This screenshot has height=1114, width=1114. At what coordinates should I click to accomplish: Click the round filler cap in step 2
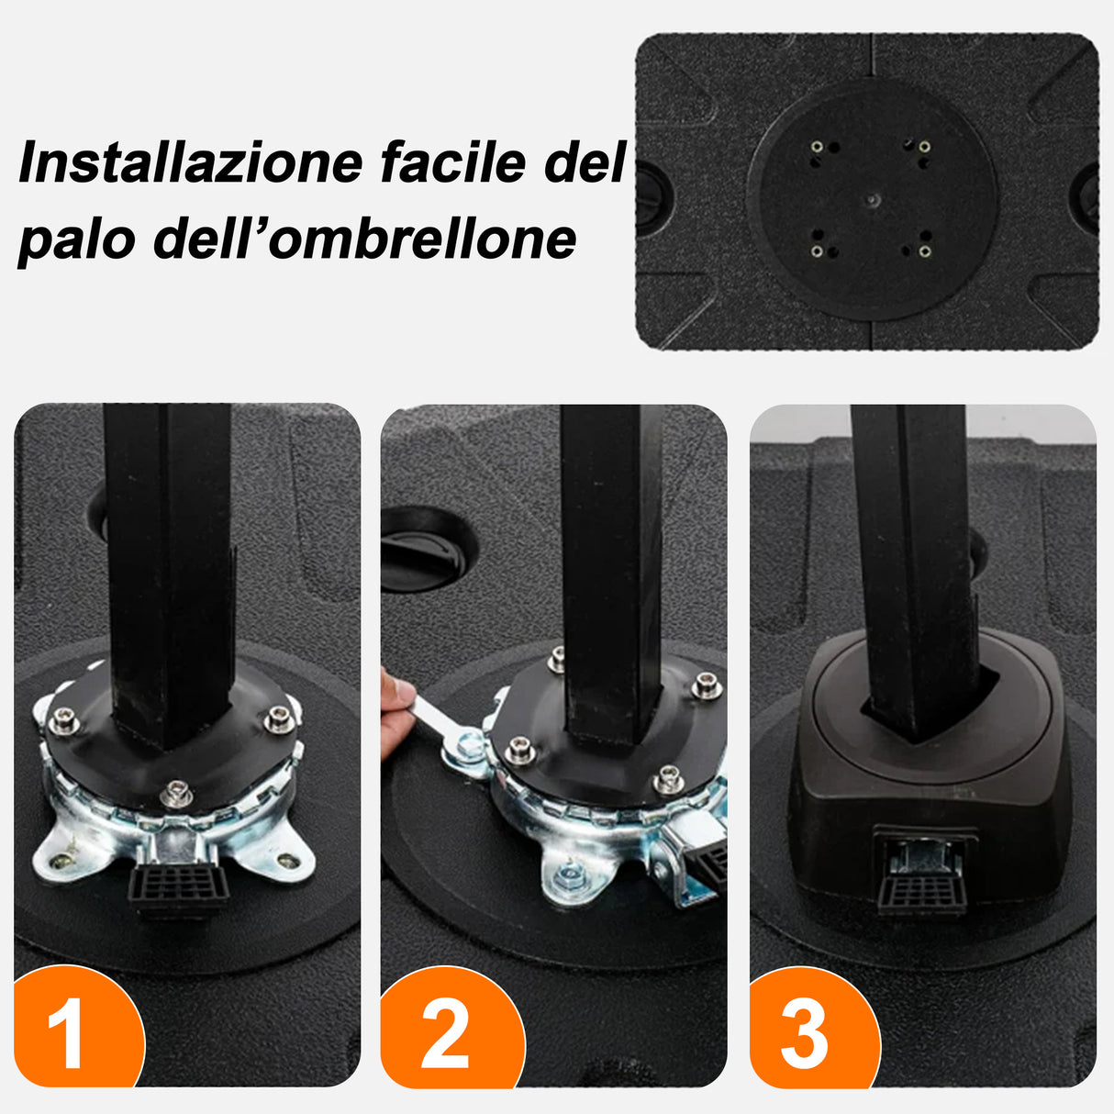(428, 549)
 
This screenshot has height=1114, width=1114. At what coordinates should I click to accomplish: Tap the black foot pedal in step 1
(178, 886)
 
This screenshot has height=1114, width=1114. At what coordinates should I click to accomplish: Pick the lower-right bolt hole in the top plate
(924, 251)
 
